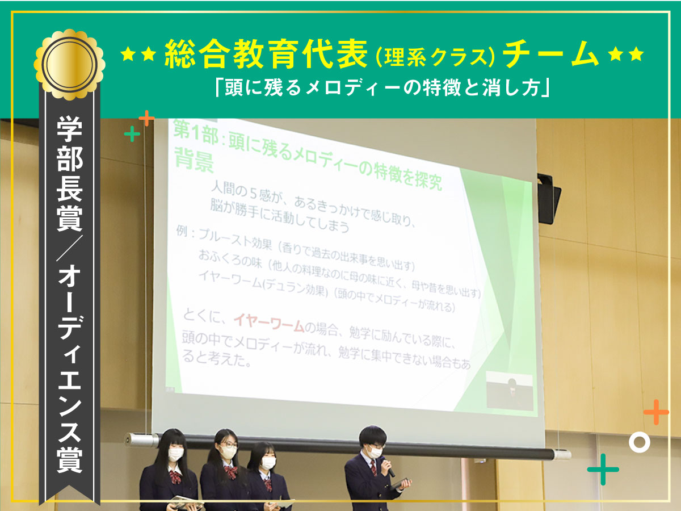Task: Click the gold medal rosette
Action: coord(69,65)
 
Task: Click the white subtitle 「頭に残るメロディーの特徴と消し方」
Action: coord(382,88)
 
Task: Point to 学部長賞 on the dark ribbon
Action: coord(69,174)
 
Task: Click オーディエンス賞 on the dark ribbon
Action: coord(69,369)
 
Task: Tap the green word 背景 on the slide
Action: coord(194,161)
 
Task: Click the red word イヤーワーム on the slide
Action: coord(268,322)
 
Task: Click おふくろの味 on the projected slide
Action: coord(230,259)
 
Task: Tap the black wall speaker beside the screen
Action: coord(549,199)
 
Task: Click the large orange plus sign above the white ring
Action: coord(656,412)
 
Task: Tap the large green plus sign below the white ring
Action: coord(603,470)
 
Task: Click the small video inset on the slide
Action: coord(510,390)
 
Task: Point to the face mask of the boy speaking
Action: coord(375,451)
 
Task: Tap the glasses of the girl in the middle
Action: coord(229,445)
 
